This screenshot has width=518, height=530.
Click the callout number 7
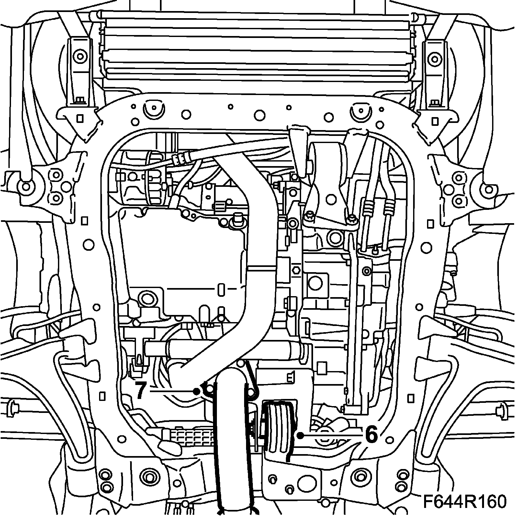(140, 391)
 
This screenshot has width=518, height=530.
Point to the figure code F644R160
(464, 510)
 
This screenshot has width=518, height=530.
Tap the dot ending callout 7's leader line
(196, 391)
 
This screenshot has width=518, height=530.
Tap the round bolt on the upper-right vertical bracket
(434, 58)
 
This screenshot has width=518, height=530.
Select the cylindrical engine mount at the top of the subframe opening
(327, 159)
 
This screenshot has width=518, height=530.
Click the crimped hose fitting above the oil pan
(181, 158)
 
